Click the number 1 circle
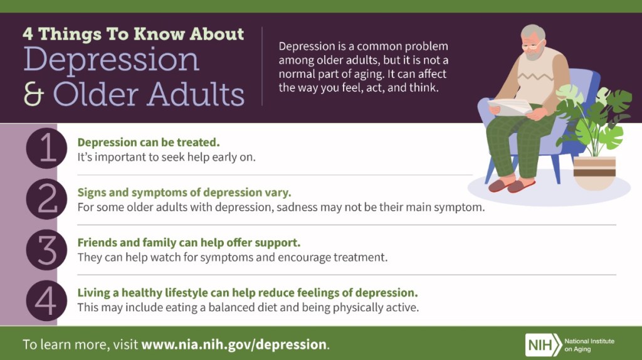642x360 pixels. coord(46,148)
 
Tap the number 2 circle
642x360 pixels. coord(46,199)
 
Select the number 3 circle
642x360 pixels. coord(46,250)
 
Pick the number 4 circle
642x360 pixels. coord(46,300)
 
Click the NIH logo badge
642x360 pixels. coord(544,345)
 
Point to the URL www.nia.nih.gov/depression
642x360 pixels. coord(234,344)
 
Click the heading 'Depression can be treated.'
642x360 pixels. coord(149,142)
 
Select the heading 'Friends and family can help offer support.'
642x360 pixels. coord(189,243)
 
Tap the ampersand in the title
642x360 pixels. coord(34,94)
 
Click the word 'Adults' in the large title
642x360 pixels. coord(196,93)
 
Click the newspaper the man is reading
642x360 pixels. coord(510,107)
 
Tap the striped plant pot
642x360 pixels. coord(594,173)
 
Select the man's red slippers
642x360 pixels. coord(512,185)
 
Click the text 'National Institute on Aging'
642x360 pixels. coord(589,345)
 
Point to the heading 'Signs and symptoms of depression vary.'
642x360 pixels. coord(184,193)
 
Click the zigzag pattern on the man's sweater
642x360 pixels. coord(535,77)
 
